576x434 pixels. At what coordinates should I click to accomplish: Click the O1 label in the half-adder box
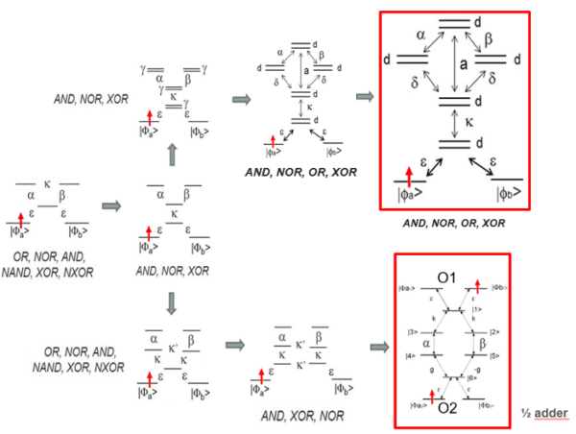[x=449, y=277]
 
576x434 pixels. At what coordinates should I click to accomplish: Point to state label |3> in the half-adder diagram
[x=410, y=333]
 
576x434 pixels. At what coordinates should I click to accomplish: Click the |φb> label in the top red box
[x=506, y=195]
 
